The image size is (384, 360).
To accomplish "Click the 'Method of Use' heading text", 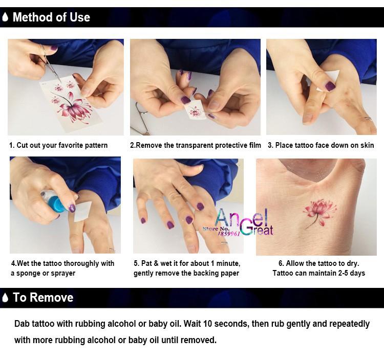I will coord(51,17).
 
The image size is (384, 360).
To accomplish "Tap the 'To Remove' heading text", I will coord(43,298).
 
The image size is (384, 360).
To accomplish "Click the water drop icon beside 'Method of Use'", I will coord(5,17).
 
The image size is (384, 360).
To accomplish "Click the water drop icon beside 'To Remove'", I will coord(5,298).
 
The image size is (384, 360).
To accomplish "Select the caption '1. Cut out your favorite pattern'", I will coord(58,145).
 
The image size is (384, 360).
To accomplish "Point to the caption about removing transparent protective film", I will coord(196,145).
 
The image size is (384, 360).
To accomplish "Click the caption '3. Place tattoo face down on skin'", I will coord(321,145).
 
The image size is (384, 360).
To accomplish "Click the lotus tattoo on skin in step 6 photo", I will coord(319,210).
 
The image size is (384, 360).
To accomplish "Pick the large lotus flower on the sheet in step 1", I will coord(75,105).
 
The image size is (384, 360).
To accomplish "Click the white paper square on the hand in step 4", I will coord(82,211).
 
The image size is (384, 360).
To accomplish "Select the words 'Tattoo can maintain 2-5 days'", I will coord(318,273).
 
